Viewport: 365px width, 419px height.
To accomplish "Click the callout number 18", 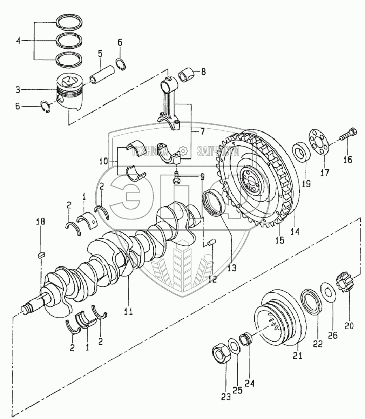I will click(41, 222).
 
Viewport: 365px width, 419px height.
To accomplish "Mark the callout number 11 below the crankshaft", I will click(128, 312).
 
